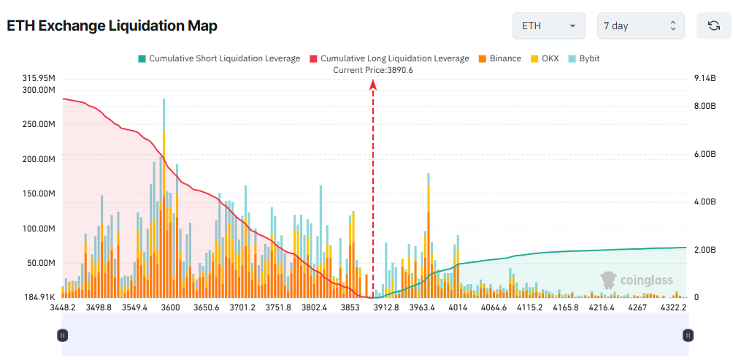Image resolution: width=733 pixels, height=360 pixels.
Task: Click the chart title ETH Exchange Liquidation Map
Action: (x=112, y=26)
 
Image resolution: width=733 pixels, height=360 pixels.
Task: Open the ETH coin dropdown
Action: (x=549, y=26)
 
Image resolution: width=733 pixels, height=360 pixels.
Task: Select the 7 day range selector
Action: (x=640, y=26)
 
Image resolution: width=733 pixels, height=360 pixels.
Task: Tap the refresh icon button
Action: (x=713, y=26)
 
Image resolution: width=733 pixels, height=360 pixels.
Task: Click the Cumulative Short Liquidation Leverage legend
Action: (x=218, y=58)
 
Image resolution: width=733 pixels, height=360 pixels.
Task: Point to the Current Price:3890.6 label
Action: (x=373, y=70)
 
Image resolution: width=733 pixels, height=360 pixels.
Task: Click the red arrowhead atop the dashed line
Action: (x=373, y=84)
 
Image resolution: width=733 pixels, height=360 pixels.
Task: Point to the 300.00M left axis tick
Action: (x=39, y=90)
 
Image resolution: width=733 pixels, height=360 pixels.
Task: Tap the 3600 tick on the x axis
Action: (x=170, y=308)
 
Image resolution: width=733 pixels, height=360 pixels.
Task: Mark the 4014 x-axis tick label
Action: (x=458, y=308)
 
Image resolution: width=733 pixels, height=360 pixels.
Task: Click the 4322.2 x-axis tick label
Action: (x=673, y=308)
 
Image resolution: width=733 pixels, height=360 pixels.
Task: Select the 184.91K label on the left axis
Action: (x=39, y=297)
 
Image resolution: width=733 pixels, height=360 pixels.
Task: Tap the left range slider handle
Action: (x=62, y=335)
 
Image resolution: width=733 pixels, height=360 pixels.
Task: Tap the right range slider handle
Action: (x=687, y=335)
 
